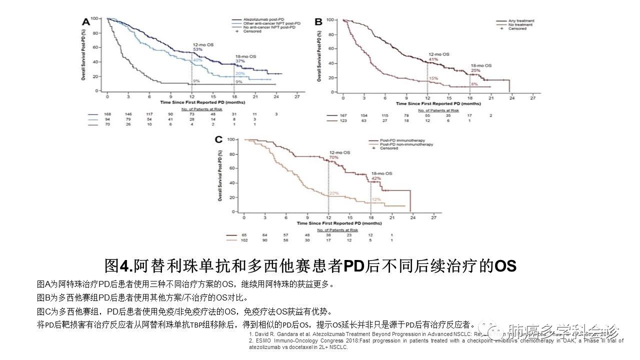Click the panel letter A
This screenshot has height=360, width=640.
86,21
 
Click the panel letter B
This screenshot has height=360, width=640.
317,21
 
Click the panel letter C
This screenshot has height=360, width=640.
218,140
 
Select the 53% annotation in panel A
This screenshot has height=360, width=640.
198,49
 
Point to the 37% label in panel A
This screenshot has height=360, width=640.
240,61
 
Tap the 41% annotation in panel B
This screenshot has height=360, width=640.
433,59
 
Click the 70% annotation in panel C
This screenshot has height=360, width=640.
334,157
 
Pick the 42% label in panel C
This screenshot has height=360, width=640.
376,178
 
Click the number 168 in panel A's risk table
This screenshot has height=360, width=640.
107,114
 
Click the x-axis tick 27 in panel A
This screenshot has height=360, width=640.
297,95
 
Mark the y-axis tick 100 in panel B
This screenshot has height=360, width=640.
330,20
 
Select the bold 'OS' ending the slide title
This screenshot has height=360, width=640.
505,265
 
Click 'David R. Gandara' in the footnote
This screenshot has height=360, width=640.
279,333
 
